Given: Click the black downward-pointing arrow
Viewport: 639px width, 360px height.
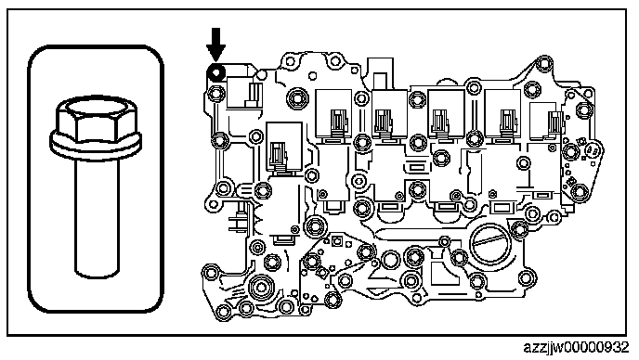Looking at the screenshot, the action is [x=215, y=44].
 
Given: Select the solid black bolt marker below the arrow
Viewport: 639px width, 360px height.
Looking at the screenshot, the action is [x=216, y=73].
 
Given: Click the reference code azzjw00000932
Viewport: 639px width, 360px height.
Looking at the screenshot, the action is [x=576, y=347].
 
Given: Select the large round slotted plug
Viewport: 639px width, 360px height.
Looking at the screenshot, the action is [x=490, y=243].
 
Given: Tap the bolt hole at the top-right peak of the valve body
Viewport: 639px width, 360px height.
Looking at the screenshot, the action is [x=543, y=63].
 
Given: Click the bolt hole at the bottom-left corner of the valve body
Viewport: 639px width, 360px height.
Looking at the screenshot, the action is [x=223, y=312].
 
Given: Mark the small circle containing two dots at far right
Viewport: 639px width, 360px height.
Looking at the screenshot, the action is [x=593, y=151].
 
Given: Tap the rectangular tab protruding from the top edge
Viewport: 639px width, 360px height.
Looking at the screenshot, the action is [x=380, y=80].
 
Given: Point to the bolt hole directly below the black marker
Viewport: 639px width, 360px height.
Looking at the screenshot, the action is [x=215, y=94].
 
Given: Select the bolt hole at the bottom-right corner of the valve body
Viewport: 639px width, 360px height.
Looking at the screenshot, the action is [x=526, y=278].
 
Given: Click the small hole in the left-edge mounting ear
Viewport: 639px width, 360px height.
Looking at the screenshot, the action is [x=213, y=203].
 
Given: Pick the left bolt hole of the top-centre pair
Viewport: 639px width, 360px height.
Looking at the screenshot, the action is [x=290, y=62].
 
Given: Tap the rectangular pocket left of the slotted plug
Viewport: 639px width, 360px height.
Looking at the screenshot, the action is [x=437, y=271].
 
